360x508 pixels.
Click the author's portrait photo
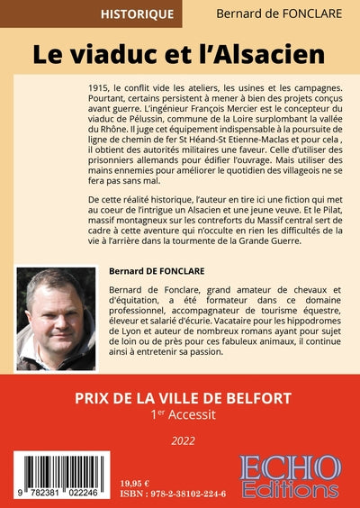point(55,321)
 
